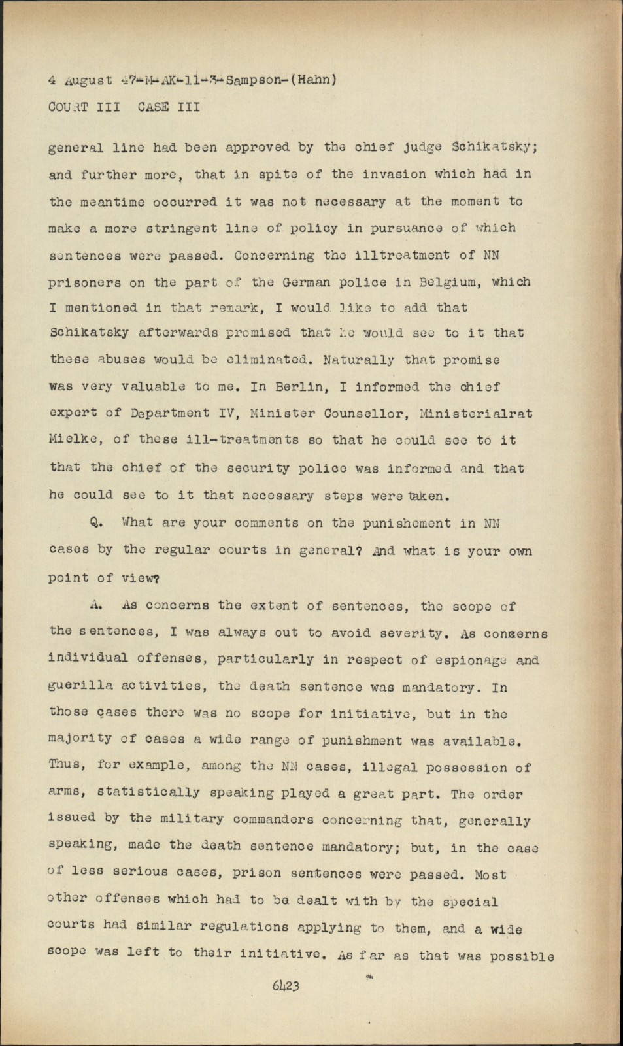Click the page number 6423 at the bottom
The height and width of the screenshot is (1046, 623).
286,985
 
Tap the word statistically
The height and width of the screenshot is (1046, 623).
149,793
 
